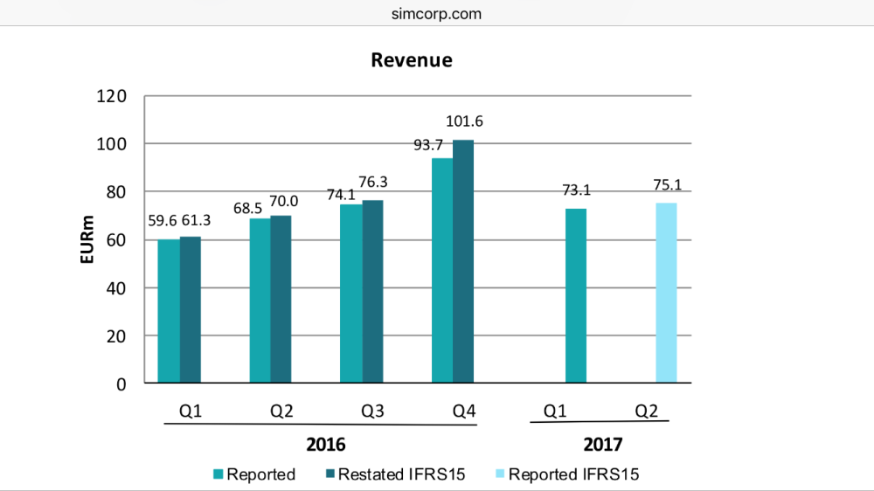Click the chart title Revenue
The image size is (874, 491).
412,60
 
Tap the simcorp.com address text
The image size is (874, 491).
437,14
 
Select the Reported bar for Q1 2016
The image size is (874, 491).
169,311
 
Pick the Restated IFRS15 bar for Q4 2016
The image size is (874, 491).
463,261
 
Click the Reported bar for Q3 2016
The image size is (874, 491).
351,294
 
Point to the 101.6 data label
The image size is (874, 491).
464,121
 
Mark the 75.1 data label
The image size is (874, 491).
666,185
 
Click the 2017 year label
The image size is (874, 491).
603,445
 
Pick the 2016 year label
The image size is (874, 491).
326,445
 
